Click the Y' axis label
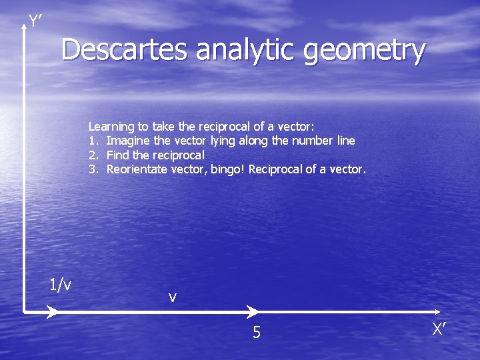click(x=35, y=22)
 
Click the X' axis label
click(x=438, y=329)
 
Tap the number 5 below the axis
click(x=257, y=332)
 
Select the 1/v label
click(x=61, y=285)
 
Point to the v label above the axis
click(x=173, y=297)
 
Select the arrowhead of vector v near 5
click(x=253, y=311)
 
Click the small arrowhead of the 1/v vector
click(x=51, y=311)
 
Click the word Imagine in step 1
click(x=128, y=141)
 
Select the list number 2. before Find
click(x=93, y=155)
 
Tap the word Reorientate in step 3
click(x=137, y=169)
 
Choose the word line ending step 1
click(x=345, y=141)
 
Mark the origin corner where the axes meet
click(x=24, y=311)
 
